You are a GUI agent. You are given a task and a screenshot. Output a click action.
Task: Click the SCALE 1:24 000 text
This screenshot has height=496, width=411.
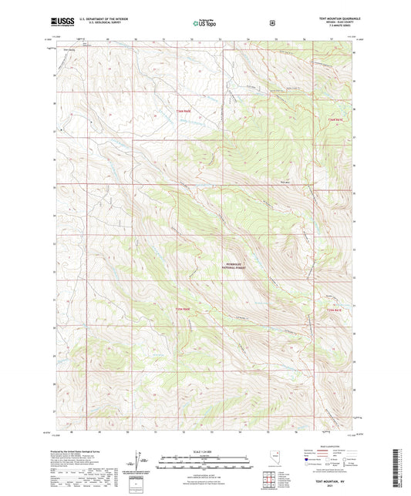click(204, 451)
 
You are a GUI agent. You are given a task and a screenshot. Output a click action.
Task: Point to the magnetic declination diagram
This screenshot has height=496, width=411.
click(137, 464)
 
